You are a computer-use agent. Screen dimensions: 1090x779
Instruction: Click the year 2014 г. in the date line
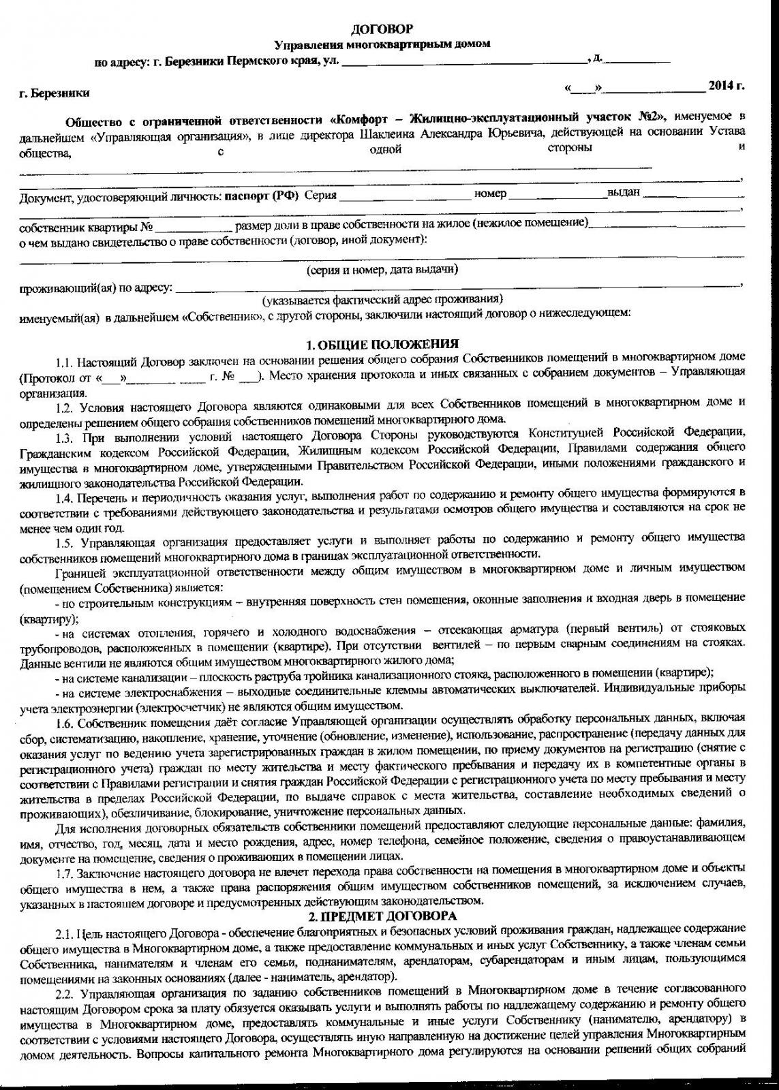click(x=726, y=87)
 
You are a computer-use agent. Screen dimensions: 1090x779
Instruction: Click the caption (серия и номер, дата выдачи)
click(x=382, y=270)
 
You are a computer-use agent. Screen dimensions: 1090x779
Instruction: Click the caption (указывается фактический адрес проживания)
click(x=383, y=299)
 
